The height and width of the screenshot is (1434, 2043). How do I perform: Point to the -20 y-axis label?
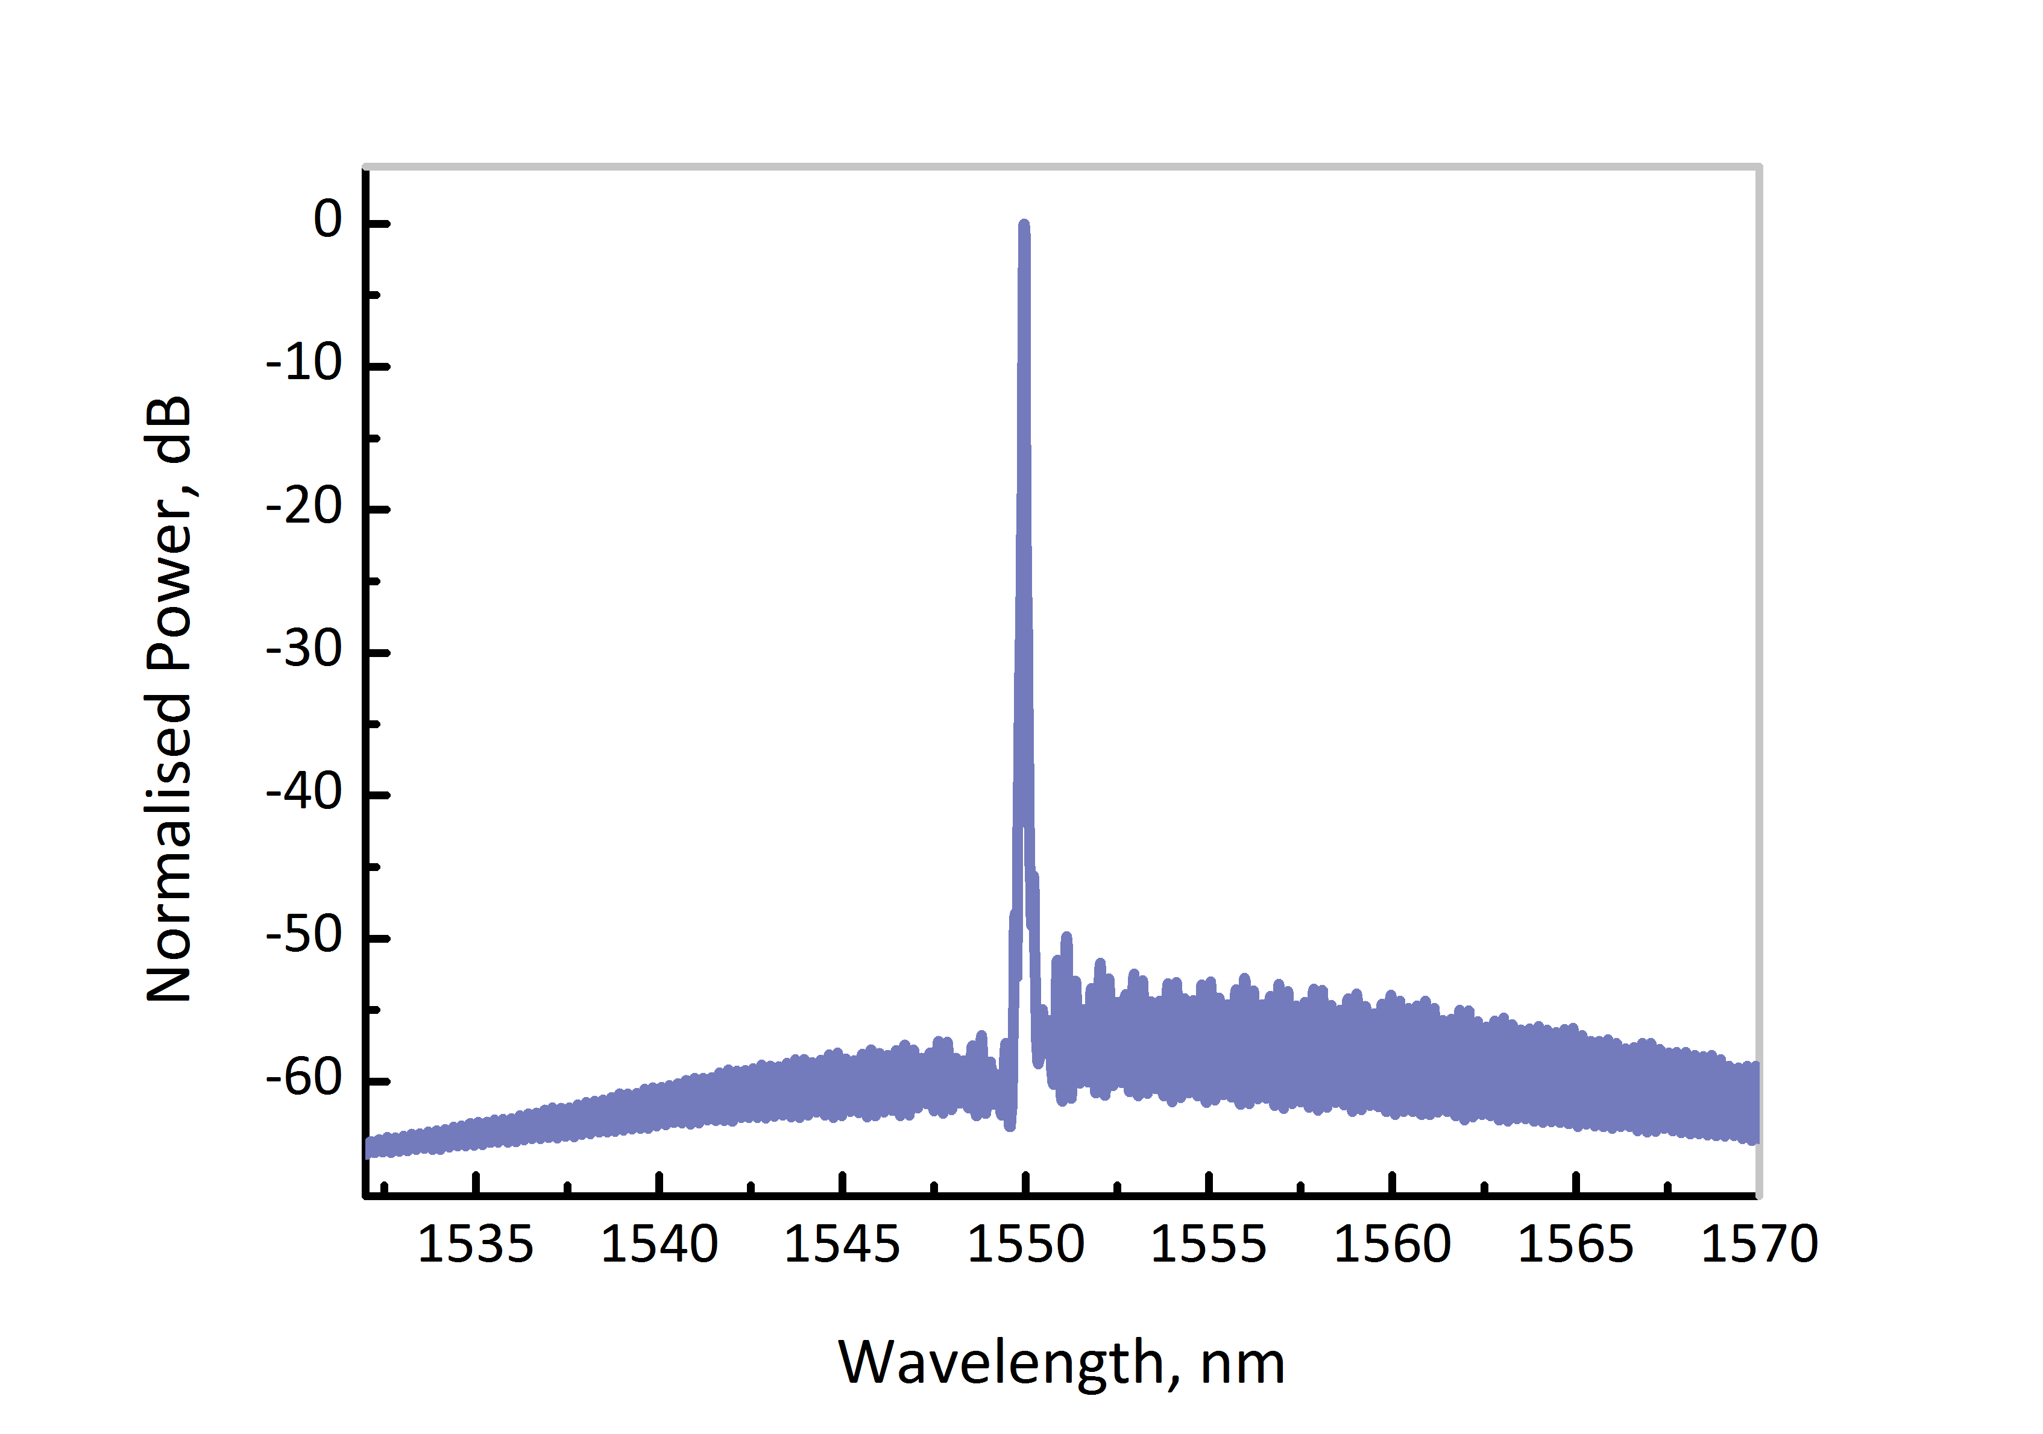[x=304, y=507]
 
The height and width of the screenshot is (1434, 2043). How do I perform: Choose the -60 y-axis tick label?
[x=304, y=1078]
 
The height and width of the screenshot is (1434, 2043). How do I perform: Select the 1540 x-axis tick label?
[x=659, y=1244]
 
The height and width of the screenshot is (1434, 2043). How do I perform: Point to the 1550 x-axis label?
[x=1026, y=1244]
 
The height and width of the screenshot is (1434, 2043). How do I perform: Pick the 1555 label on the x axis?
[x=1208, y=1244]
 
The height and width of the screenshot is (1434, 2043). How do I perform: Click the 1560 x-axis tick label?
[x=1393, y=1244]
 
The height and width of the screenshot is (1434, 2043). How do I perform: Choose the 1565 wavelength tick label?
[x=1575, y=1244]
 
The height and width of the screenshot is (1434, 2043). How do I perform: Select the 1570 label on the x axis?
[x=1759, y=1244]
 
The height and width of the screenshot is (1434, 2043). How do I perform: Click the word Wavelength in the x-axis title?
[x=1002, y=1363]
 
